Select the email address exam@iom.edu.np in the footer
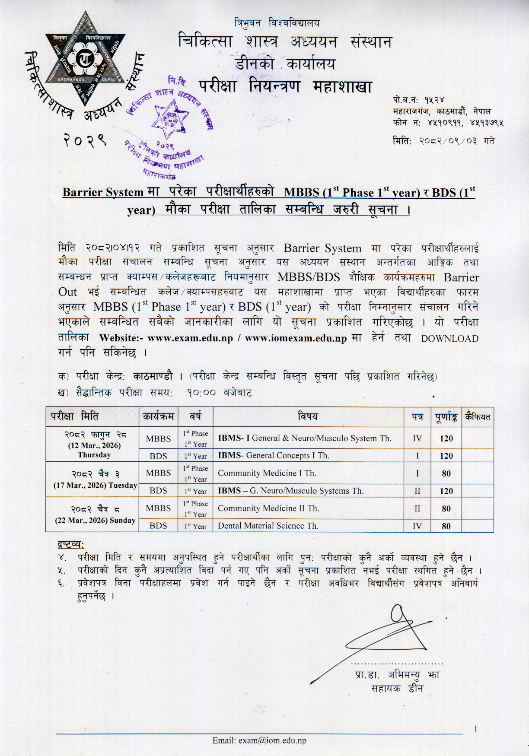(x=259, y=740)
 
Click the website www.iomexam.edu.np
(x=296, y=339)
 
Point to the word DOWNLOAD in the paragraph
(x=450, y=339)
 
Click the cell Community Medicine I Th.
(x=267, y=473)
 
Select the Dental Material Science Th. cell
(x=268, y=526)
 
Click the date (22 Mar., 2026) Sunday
(x=95, y=521)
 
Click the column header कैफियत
(x=478, y=417)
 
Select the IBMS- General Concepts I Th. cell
(x=274, y=455)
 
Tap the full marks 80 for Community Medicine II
(x=446, y=509)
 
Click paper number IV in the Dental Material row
(x=417, y=526)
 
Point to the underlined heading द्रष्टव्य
(x=71, y=543)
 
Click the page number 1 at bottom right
(x=475, y=729)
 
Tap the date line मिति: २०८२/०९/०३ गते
(x=444, y=141)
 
